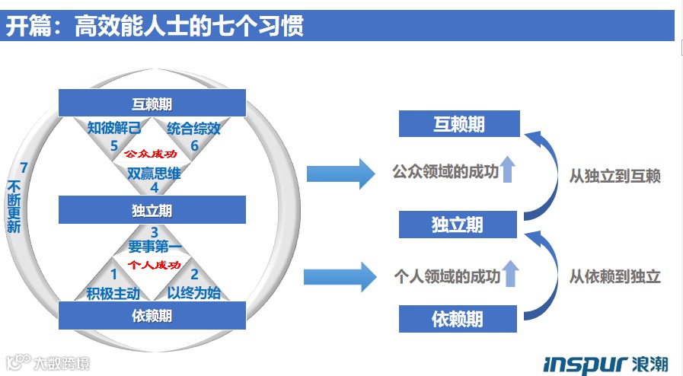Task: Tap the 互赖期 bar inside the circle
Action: click(152, 104)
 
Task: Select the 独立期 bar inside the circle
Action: click(152, 209)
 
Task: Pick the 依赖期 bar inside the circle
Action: click(152, 315)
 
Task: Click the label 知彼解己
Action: click(114, 128)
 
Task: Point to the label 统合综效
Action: click(193, 128)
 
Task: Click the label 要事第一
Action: click(155, 247)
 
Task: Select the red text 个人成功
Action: click(154, 265)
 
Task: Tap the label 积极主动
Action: click(113, 292)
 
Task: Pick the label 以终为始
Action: click(193, 292)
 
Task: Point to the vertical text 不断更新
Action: click(14, 206)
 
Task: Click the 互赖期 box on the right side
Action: click(459, 123)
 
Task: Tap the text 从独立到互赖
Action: click(614, 176)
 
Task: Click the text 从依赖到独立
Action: click(614, 276)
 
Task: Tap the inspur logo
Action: click(606, 363)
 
